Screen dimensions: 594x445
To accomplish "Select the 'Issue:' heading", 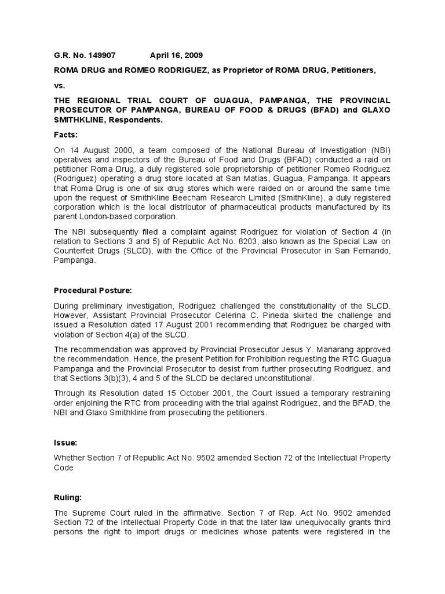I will [x=65, y=441].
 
